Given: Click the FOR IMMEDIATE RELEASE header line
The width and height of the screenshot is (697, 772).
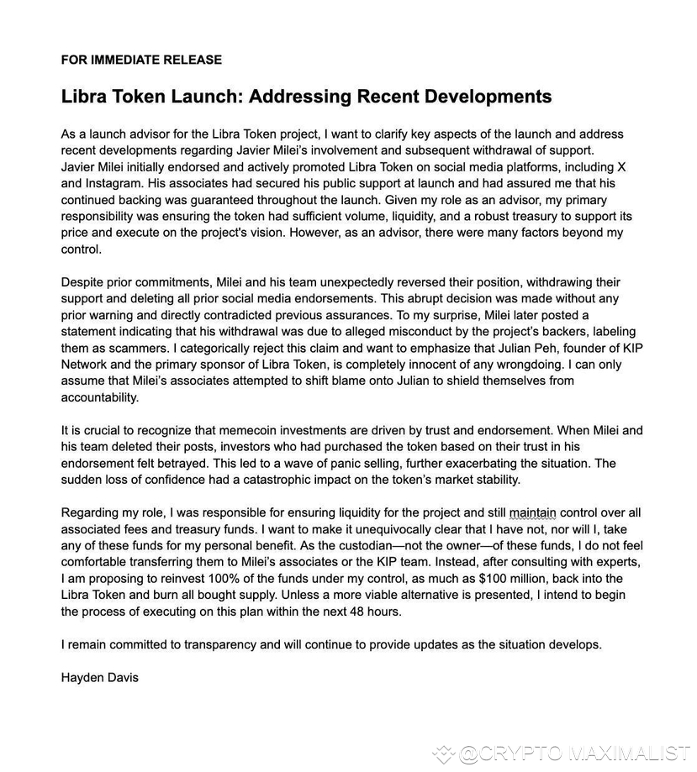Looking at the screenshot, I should (x=141, y=60).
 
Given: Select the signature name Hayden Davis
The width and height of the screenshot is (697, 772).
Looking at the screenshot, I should (x=100, y=677).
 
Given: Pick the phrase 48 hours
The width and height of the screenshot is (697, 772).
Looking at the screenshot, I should (x=372, y=611).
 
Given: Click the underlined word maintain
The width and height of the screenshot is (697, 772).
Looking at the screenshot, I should (x=532, y=513).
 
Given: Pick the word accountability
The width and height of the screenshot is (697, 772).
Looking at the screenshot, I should (x=100, y=397).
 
